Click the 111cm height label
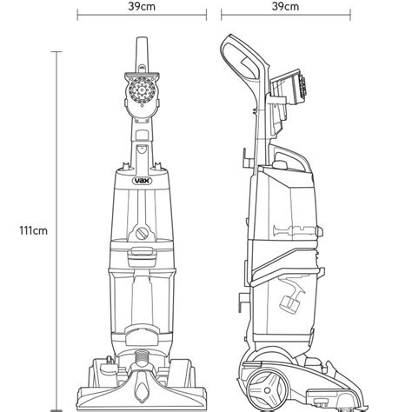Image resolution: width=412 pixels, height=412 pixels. [33, 231]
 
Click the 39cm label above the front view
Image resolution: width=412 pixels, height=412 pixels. [142, 6]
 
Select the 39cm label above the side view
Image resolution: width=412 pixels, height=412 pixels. [285, 6]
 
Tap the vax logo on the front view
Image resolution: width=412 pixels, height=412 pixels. [142, 181]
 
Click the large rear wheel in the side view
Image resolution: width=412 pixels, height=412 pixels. [267, 390]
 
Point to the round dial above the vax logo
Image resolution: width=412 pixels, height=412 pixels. [142, 90]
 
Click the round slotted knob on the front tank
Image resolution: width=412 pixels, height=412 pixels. [142, 233]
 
